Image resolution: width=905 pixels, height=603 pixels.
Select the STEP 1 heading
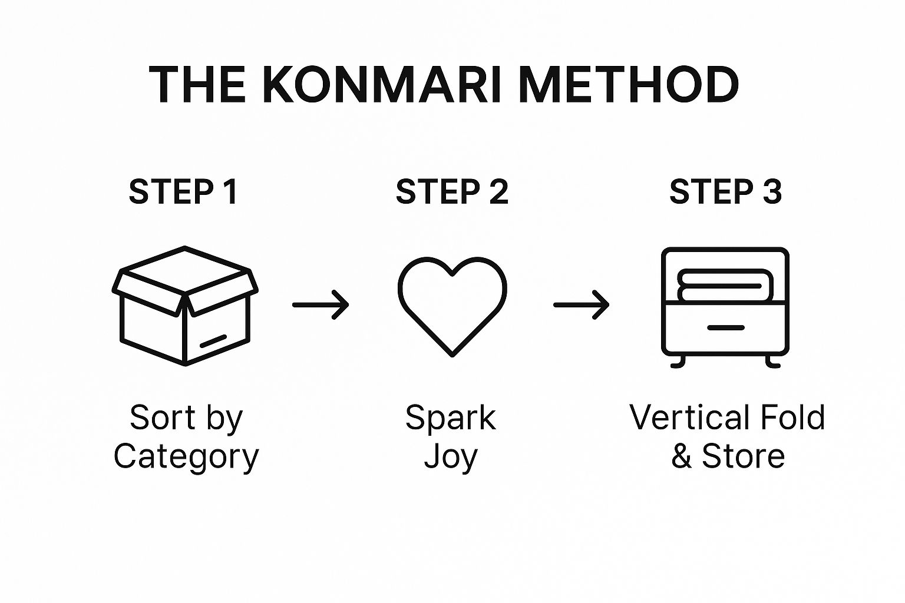183,192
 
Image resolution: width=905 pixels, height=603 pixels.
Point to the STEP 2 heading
452,192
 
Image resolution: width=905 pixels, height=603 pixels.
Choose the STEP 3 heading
725,192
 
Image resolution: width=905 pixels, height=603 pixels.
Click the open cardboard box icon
185,306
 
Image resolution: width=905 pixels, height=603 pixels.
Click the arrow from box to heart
321,304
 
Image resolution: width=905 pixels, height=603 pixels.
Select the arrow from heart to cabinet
582,304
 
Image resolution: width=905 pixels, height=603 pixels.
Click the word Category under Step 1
186,457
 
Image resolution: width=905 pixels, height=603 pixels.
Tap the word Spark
451,418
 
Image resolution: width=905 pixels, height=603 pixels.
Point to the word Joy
451,457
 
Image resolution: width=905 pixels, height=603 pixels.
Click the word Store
744,456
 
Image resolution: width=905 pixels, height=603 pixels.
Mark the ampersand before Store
682,456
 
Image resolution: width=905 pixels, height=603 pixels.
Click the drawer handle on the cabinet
725,327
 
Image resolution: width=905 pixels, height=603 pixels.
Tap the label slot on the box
213,340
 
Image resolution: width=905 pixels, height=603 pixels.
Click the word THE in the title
197,85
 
